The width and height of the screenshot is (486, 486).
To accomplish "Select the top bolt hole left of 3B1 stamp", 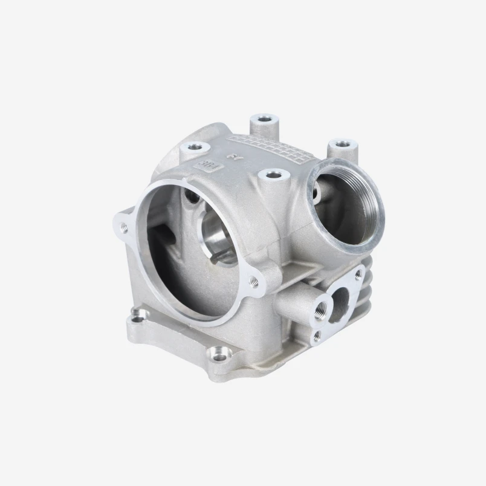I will [193, 146].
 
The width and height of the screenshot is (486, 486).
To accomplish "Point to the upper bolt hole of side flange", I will [358, 274].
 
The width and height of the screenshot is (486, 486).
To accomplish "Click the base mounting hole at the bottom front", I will [221, 356].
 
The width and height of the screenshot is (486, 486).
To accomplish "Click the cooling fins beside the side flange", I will [366, 302].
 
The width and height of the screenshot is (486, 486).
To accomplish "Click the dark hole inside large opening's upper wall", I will [192, 196].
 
